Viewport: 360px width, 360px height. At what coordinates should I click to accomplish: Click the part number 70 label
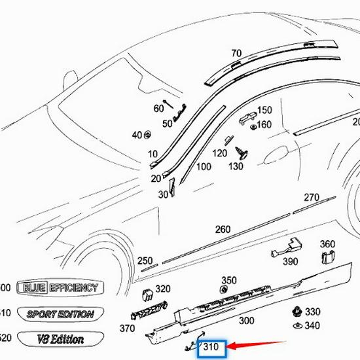coord(236,53)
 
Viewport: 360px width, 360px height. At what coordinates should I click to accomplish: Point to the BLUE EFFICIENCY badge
coord(59,287)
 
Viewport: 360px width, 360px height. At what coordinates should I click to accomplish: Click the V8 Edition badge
coord(59,339)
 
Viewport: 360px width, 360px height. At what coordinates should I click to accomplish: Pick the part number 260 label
coord(223,229)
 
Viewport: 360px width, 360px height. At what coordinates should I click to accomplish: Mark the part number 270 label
coord(311,198)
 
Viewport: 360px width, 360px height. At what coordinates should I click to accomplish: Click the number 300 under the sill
coord(246,321)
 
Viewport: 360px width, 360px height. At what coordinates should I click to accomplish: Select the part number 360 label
coord(327,244)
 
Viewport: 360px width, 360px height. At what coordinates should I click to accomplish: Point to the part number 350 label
coord(228,280)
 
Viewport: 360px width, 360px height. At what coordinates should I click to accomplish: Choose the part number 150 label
coord(264,110)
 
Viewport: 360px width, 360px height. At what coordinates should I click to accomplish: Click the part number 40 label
coord(136,135)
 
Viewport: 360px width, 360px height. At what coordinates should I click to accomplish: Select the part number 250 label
coord(145,261)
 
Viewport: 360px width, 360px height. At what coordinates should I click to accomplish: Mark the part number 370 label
coord(127,328)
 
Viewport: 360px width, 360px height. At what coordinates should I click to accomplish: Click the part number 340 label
coord(312,325)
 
